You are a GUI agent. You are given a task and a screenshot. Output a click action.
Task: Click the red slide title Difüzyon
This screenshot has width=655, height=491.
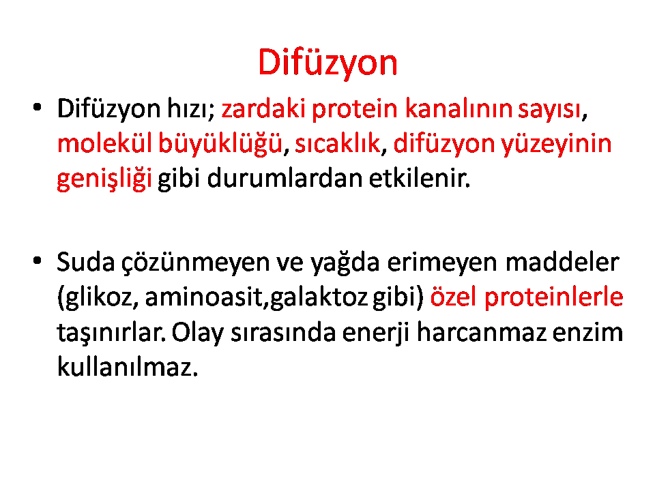click(328, 63)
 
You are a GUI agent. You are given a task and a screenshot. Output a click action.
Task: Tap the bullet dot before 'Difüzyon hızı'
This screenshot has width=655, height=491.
click(37, 107)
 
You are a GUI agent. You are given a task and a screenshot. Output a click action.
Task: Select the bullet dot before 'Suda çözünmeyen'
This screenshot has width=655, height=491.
click(37, 261)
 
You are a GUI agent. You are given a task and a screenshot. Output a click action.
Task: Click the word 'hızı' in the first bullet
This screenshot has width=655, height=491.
click(191, 108)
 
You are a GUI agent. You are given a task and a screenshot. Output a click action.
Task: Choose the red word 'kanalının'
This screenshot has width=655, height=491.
click(458, 108)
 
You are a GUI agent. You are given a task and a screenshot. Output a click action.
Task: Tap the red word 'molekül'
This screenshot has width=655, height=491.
click(104, 144)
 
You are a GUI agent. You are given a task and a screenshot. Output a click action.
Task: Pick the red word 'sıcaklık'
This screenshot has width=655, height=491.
click(338, 144)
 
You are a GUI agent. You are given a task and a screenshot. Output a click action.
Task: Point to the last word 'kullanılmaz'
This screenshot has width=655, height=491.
click(127, 368)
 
